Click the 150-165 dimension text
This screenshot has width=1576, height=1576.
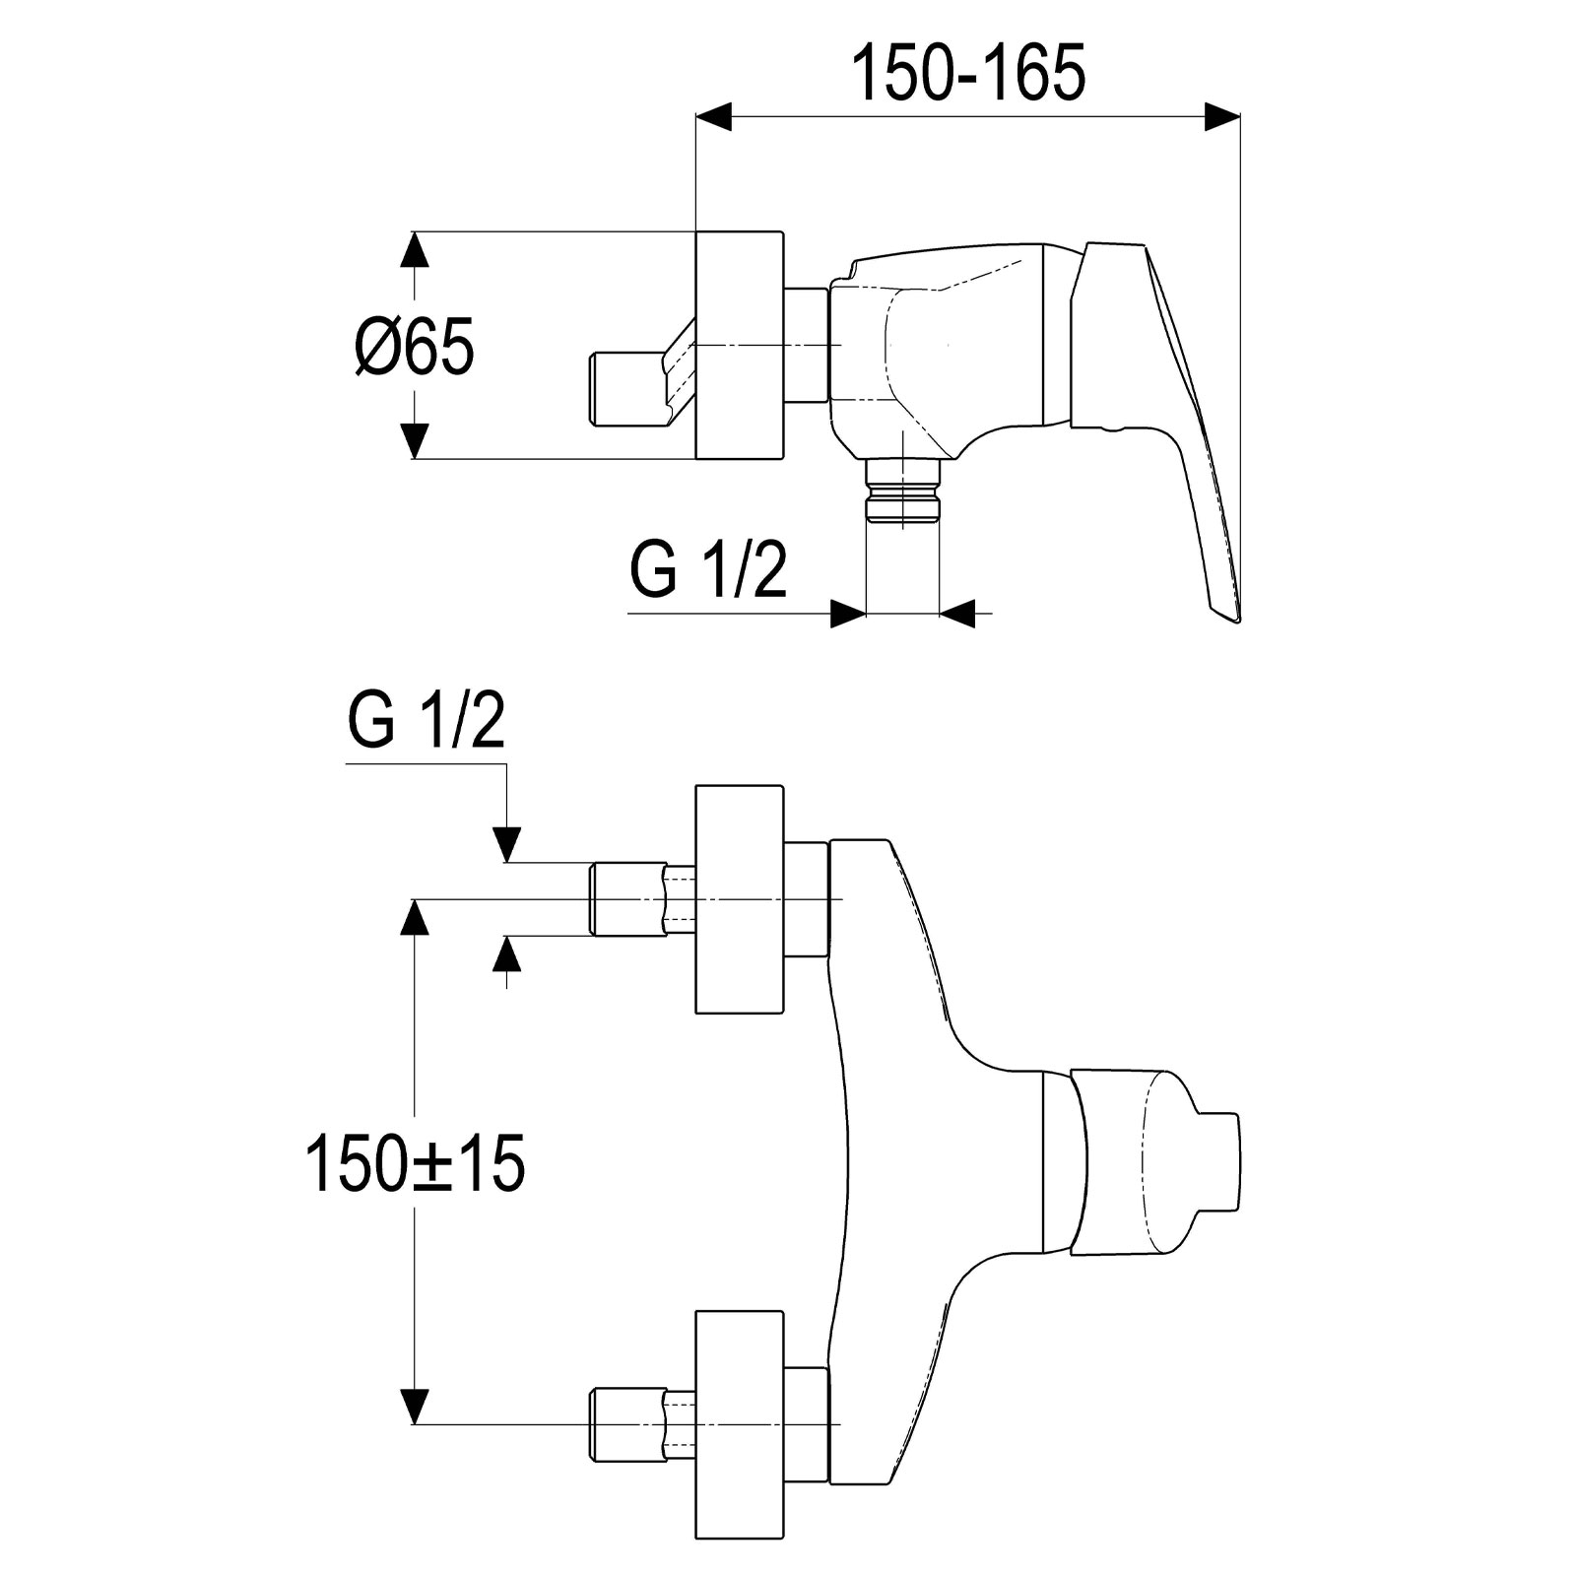pos(968,72)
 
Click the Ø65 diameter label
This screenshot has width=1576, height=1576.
pos(415,346)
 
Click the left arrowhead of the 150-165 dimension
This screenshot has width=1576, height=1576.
pos(714,116)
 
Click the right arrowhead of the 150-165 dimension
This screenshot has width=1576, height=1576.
pos(1222,116)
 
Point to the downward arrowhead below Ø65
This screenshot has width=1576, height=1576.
pos(415,440)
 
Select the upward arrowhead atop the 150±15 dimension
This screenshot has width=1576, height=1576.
pos(415,916)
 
